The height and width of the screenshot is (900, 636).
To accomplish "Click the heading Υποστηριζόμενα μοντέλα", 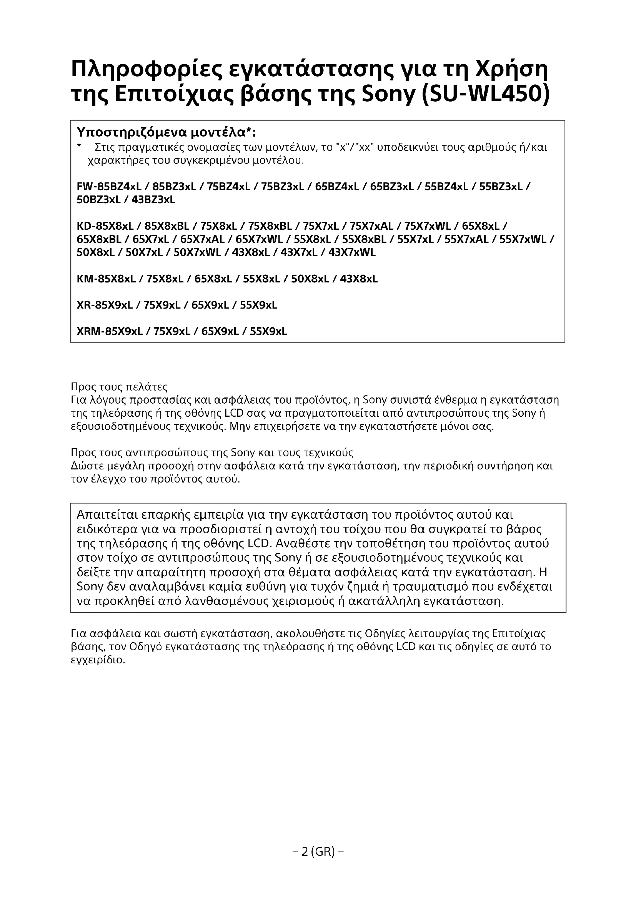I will (x=166, y=132).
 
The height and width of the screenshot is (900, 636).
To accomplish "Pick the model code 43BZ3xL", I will (x=153, y=200).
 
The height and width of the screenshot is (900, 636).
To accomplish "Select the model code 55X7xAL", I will (x=466, y=239).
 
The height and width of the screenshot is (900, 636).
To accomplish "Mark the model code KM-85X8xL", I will (x=106, y=279).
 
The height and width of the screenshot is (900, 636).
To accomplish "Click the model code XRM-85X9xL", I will (x=109, y=332).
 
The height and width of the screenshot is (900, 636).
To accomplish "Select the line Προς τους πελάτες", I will (x=119, y=387).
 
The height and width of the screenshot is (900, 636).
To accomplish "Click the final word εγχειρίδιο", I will (x=98, y=660).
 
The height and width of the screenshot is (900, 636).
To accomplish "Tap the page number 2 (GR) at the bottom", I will (x=318, y=852).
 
